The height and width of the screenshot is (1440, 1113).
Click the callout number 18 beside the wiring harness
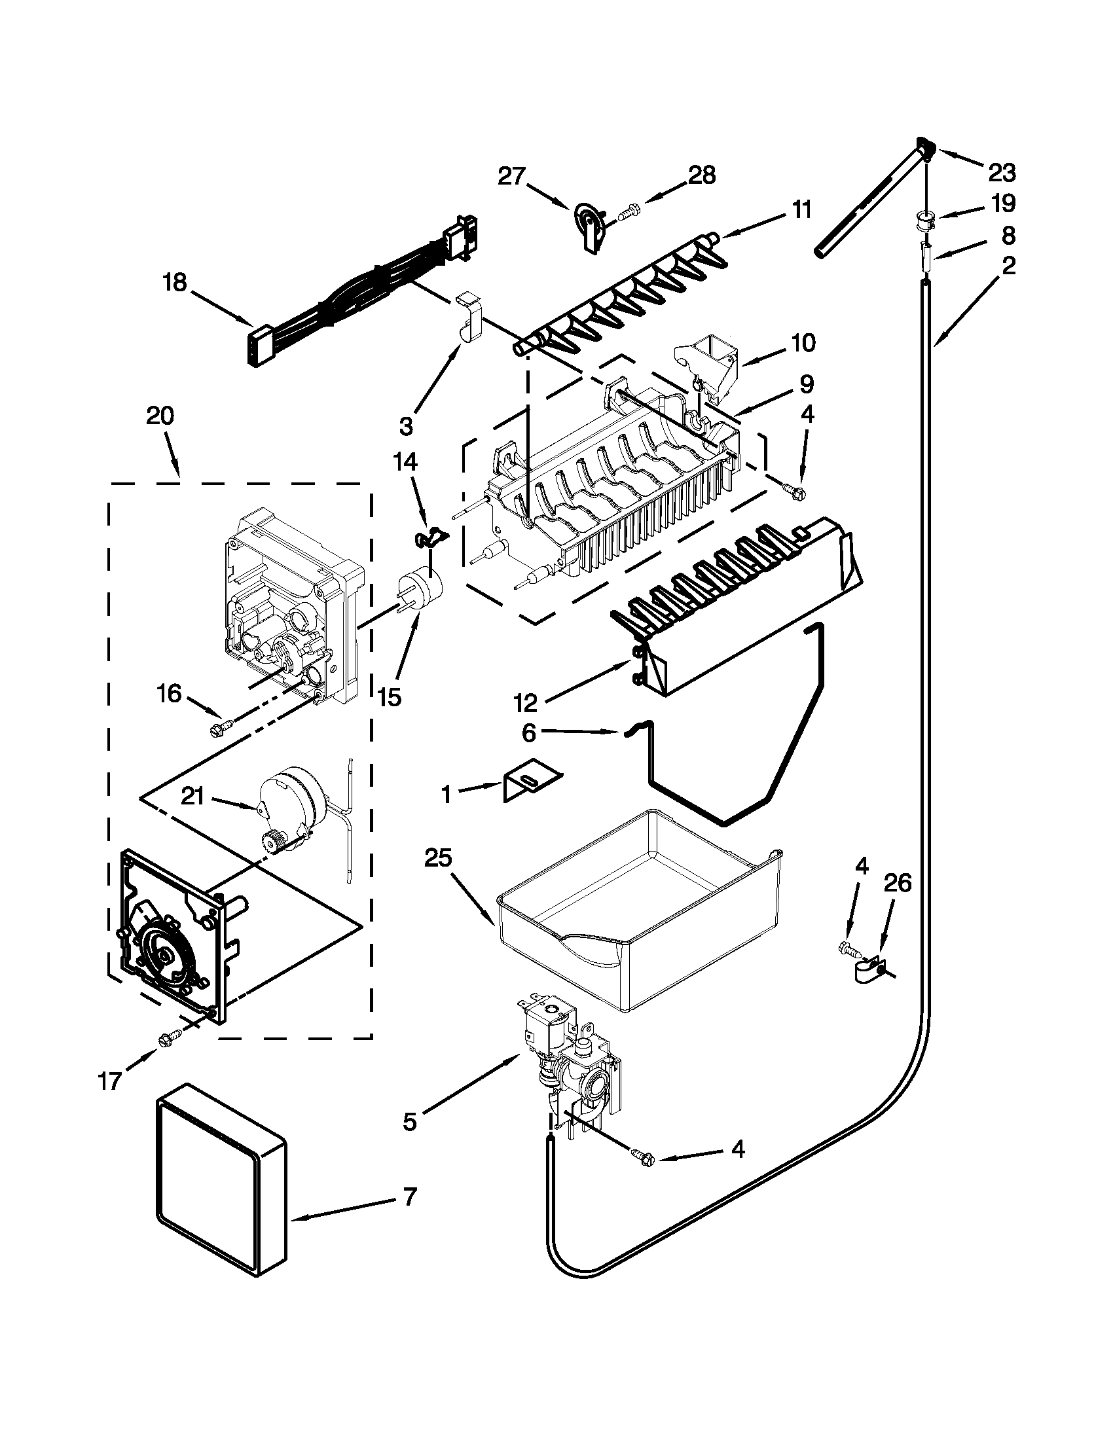pyautogui.click(x=175, y=283)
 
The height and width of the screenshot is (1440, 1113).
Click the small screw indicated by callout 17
pyautogui.click(x=166, y=1041)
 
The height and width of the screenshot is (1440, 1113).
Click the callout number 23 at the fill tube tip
pyautogui.click(x=1002, y=173)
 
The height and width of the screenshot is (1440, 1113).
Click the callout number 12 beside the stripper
pyautogui.click(x=526, y=703)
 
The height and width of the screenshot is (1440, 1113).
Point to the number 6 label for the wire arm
pyautogui.click(x=529, y=733)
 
